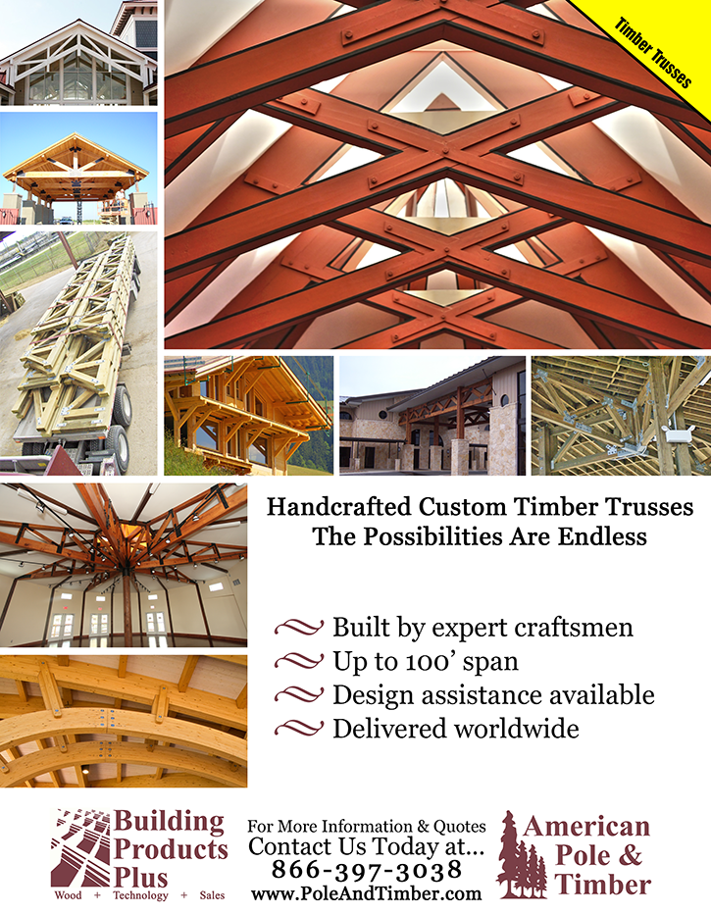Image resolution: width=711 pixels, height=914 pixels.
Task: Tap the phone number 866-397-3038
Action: [x=366, y=871]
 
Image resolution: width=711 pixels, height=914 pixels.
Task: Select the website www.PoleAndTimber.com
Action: [x=366, y=893]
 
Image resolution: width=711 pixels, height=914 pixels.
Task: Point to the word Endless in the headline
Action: [x=589, y=537]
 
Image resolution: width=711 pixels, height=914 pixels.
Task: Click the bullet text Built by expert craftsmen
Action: [x=482, y=628]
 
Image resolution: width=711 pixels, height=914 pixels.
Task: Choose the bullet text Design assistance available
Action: [x=493, y=695]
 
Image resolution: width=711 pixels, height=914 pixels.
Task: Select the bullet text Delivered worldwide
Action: [x=456, y=729]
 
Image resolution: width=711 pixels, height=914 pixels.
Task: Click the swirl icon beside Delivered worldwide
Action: [x=299, y=729]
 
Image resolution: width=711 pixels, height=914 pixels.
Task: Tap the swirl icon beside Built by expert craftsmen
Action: [x=299, y=628]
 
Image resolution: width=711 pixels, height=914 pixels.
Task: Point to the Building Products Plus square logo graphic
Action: [x=81, y=847]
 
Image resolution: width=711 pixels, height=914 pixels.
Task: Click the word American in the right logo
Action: [x=586, y=826]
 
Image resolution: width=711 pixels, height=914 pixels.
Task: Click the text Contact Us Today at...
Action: [x=366, y=846]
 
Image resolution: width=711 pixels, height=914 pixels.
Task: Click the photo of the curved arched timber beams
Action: [x=123, y=722]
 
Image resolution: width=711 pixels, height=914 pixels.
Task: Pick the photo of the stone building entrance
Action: [x=431, y=416]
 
